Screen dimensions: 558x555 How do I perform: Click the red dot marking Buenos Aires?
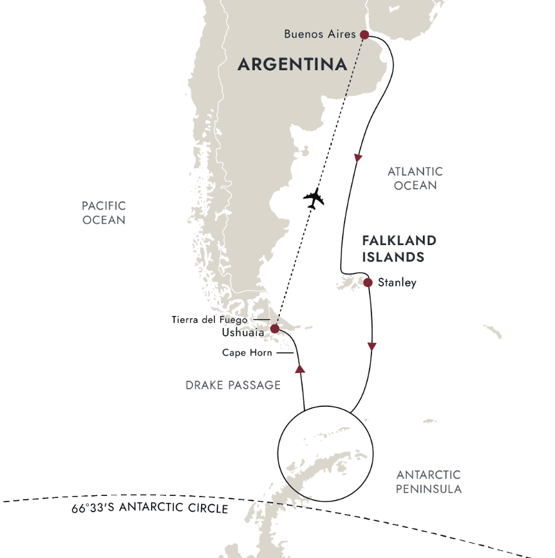(x=364, y=35)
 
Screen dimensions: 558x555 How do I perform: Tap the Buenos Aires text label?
(x=319, y=34)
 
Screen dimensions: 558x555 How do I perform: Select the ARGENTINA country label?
(x=292, y=64)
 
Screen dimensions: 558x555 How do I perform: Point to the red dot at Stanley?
(x=368, y=282)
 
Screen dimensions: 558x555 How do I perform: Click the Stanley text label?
(x=397, y=283)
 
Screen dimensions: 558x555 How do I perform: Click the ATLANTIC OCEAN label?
(x=415, y=178)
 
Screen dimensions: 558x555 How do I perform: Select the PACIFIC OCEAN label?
(x=104, y=213)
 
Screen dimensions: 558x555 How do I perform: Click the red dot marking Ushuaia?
(x=274, y=328)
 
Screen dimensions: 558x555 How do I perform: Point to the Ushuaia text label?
(x=243, y=333)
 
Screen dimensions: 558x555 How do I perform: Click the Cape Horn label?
(x=247, y=353)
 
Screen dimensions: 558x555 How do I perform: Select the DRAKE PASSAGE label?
(x=233, y=385)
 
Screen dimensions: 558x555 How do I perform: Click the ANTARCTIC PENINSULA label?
(x=428, y=482)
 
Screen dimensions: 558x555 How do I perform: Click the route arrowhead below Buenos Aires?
(x=358, y=159)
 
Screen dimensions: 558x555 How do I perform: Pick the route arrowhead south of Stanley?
(x=372, y=346)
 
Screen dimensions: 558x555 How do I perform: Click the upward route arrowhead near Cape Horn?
(x=299, y=369)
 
